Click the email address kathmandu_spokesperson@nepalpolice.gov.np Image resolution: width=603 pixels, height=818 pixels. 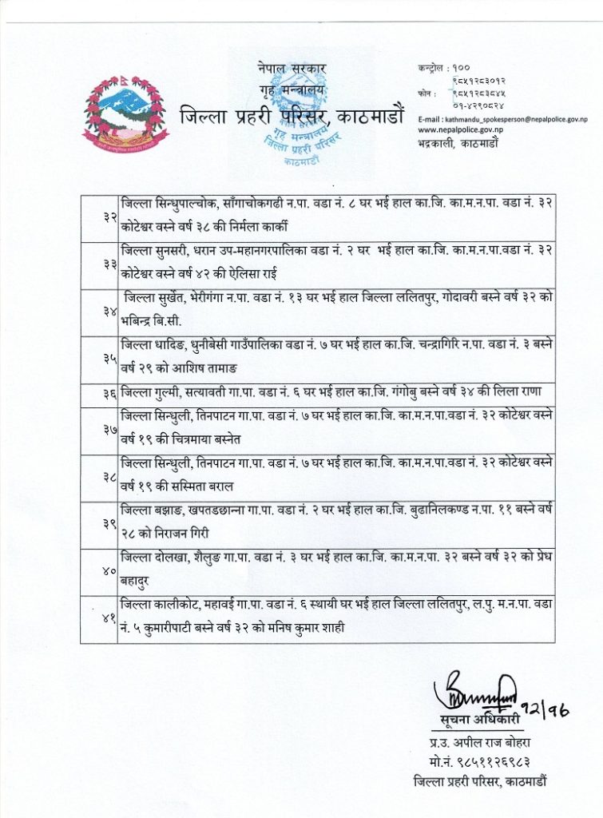tap(507, 117)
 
